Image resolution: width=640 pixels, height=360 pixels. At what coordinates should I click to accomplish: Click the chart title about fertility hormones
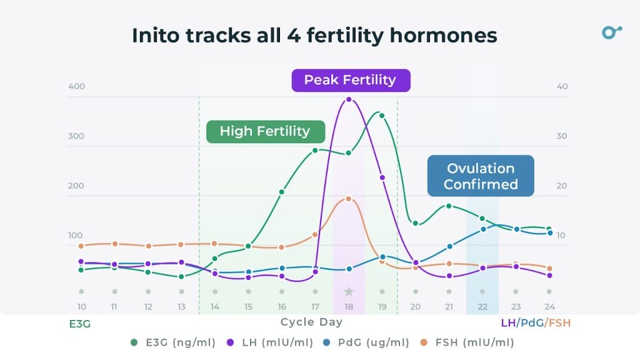314,36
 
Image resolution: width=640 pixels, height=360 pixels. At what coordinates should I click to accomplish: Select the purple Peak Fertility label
350,80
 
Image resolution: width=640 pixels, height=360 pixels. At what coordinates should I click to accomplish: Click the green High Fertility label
265,131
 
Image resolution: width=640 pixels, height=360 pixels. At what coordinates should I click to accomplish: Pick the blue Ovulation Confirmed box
481,176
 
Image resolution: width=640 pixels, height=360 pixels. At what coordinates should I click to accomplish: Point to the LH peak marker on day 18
349,99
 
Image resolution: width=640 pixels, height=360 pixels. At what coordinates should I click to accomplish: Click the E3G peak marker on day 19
382,116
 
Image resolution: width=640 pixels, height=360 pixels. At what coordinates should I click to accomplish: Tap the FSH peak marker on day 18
349,199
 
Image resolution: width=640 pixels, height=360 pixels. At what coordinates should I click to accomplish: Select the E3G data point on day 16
282,192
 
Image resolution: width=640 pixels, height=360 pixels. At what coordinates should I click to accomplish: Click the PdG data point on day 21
449,246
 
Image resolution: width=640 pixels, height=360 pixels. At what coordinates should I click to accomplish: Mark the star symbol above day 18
349,291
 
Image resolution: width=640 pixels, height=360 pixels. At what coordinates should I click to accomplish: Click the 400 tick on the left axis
76,86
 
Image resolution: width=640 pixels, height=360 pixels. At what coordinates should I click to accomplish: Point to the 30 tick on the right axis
562,136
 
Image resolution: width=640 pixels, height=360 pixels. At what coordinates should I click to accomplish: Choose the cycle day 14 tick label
215,306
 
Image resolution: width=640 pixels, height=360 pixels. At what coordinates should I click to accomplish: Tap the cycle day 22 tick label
482,306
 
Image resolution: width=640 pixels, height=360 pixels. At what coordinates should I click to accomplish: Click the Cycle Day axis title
311,322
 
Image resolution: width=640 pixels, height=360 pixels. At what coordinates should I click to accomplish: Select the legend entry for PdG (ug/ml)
367,342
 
